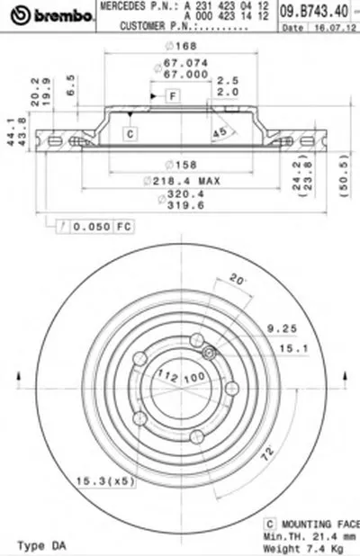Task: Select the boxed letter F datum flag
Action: [169, 95]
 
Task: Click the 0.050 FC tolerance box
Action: [93, 226]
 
